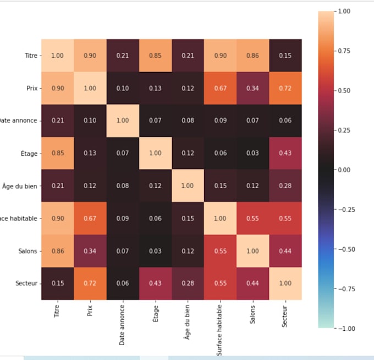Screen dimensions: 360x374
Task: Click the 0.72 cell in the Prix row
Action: (285, 88)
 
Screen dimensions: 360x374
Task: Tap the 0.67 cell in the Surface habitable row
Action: (89, 218)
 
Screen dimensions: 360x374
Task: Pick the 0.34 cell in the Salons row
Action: (89, 250)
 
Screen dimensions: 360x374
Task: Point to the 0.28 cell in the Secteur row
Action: (187, 283)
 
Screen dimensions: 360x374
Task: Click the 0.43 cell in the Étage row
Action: (285, 153)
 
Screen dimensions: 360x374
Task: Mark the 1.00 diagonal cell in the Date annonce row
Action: (122, 121)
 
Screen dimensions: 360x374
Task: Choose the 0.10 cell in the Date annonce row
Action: (89, 121)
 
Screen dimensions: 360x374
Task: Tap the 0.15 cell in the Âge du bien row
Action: (220, 186)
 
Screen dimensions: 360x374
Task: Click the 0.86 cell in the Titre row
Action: (252, 56)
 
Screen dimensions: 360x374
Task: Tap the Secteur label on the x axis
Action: (285, 316)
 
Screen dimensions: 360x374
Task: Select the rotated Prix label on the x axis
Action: (89, 312)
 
